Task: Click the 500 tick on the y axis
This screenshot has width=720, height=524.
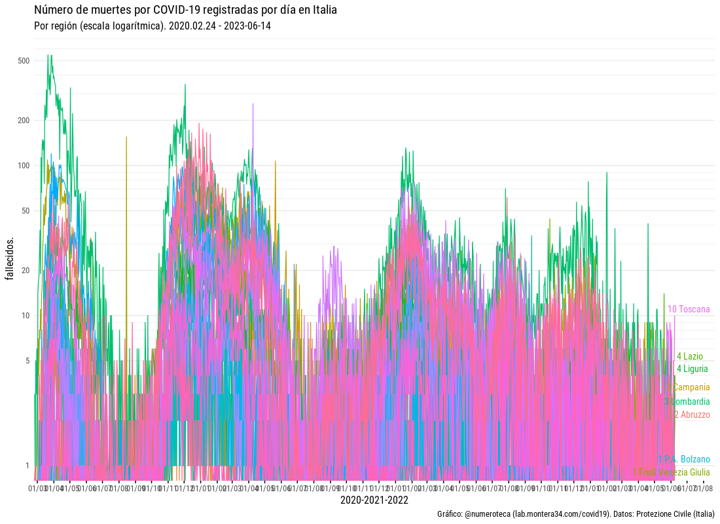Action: (24, 61)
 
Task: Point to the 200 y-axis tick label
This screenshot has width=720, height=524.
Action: (24, 121)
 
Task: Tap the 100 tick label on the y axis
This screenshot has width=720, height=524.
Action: (24, 166)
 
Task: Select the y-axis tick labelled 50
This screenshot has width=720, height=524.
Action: (26, 211)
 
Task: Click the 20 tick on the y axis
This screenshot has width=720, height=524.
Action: (26, 271)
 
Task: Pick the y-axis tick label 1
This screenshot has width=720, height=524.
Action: (27, 466)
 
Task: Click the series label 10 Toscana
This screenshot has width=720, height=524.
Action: (689, 309)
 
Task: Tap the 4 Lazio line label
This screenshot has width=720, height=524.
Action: (690, 356)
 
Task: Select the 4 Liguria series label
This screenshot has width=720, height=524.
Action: (692, 369)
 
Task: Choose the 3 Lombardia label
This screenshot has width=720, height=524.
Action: (687, 402)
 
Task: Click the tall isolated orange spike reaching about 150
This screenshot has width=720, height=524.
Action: (126, 141)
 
